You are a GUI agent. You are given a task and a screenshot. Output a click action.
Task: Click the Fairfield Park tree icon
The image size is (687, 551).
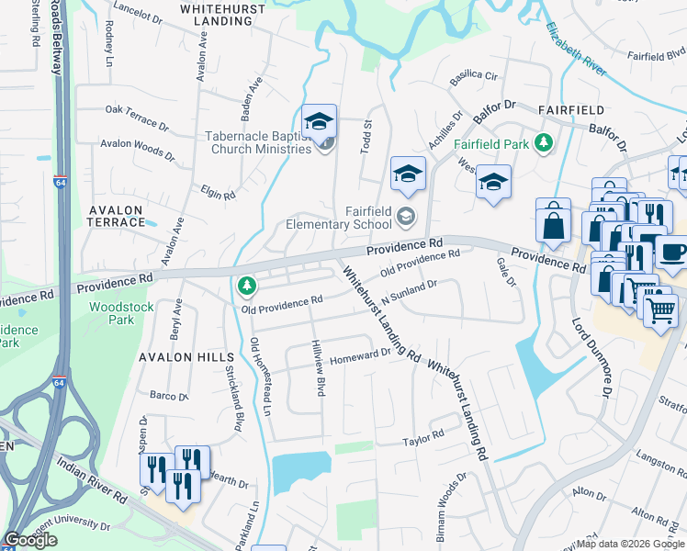544,143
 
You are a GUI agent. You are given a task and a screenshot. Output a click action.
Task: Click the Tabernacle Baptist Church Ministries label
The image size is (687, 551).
257,142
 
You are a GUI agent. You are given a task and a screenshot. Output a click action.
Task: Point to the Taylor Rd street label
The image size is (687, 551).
423,438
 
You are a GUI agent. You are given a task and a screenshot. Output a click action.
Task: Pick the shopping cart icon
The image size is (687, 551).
659,310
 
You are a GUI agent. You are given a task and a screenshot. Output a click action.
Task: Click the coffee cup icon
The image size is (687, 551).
673,251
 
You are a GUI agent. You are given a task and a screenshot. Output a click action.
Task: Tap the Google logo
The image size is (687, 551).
31,541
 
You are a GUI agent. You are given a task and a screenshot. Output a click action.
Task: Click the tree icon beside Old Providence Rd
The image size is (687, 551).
245,287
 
